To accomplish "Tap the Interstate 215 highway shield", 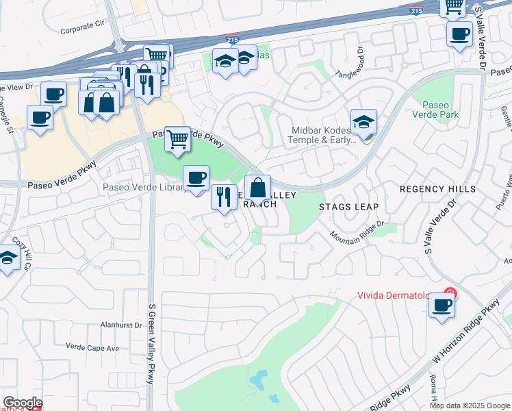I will tap(233, 40).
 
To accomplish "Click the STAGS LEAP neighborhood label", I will tap(348, 206).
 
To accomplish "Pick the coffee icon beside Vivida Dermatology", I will tap(441, 305).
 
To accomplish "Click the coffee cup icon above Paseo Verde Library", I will tap(196, 178).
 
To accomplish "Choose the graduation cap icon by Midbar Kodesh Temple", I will tap(363, 122).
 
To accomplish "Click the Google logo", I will tap(22, 403).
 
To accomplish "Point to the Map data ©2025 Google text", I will tap(470, 406).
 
